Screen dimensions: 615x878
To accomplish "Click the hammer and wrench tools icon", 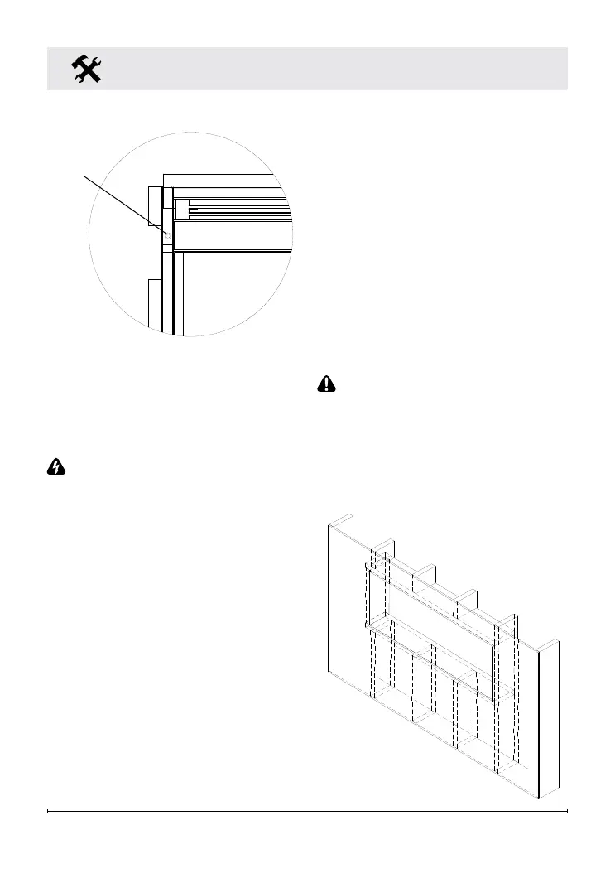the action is tap(87, 69).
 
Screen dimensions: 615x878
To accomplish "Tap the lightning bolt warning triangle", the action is tap(56, 467).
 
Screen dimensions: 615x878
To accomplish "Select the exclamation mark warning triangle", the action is tap(328, 384).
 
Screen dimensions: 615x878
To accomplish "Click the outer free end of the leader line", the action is tap(84, 176).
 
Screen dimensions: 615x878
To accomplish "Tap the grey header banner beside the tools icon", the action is tap(331, 68).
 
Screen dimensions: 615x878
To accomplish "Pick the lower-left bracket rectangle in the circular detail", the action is tap(153, 302).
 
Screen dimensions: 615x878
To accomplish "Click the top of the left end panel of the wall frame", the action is tap(342, 520).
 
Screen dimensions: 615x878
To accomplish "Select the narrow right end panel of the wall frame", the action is tap(549, 721).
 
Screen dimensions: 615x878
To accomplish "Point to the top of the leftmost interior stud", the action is tap(383, 543).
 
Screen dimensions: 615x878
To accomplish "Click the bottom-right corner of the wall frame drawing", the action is tap(539, 798).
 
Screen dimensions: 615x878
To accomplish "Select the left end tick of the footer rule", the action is tap(49, 812).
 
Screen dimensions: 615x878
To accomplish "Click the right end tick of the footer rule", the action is tap(567, 812).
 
